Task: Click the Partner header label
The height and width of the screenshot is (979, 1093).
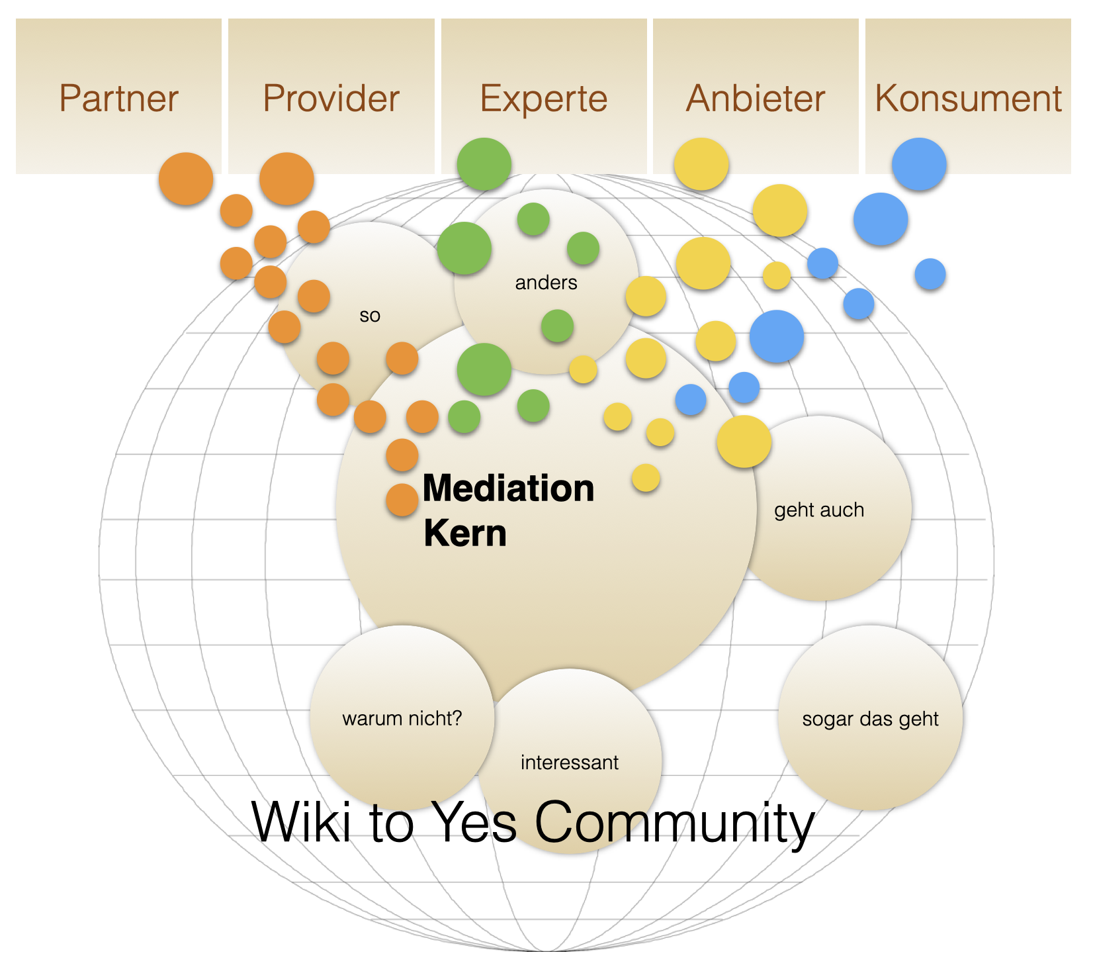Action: pos(119,99)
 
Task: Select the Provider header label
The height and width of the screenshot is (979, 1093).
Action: pos(331,99)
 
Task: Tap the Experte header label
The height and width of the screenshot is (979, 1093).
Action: pos(544,99)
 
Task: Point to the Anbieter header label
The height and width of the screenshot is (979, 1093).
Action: pos(756,99)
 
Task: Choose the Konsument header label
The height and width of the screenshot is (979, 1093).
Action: pos(968,99)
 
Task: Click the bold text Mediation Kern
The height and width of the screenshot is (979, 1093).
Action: pos(508,510)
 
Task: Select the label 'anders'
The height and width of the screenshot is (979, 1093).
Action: pos(546,283)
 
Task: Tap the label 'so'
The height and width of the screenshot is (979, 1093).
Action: pos(370,316)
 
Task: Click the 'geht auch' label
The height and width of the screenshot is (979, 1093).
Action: pos(819,510)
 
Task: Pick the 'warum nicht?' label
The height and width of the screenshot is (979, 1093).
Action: pos(402,718)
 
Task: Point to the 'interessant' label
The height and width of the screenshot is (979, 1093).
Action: pos(569,763)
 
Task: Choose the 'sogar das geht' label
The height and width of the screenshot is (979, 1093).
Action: pos(870,719)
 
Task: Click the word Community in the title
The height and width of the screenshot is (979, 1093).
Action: pos(674,823)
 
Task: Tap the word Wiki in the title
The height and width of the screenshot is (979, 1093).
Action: pos(302,821)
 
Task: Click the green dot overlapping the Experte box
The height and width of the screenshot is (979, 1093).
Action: pos(484,164)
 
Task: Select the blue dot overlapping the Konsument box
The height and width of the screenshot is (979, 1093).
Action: pos(919,164)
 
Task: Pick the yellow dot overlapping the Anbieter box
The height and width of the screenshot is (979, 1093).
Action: pos(701,164)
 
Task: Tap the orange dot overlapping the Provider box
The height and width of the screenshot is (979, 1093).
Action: pos(286,179)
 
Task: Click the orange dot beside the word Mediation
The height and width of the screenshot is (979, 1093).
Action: pos(402,500)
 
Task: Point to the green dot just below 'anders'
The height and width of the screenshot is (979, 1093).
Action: pos(557,326)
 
